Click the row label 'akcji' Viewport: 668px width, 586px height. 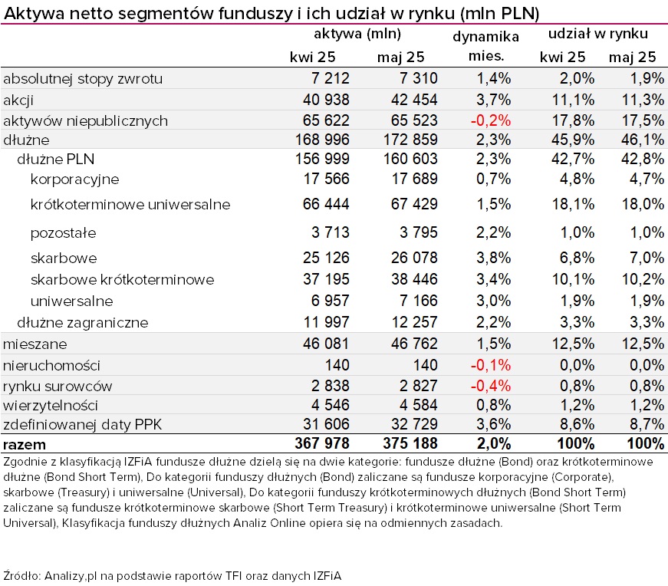[x=18, y=100]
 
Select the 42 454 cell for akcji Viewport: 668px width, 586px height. [x=414, y=100]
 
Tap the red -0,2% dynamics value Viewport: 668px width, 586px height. [x=490, y=120]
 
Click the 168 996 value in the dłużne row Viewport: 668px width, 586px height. [x=322, y=140]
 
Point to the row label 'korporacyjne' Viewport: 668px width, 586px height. [x=74, y=179]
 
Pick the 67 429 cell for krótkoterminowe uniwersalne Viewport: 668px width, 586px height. [x=414, y=204]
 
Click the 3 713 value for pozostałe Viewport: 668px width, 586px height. [x=331, y=232]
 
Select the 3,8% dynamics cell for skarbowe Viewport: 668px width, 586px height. [x=493, y=258]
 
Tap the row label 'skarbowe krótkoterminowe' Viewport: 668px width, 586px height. [x=122, y=279]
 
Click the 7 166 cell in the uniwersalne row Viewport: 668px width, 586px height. [x=418, y=301]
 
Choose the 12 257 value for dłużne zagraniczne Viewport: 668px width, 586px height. [x=414, y=322]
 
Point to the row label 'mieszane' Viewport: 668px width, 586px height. [x=35, y=344]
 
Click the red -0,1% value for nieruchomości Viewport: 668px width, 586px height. [x=490, y=365]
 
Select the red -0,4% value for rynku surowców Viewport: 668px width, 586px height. [x=490, y=386]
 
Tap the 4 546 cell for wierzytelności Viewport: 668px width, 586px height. [x=331, y=405]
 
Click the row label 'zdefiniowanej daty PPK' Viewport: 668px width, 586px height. [x=82, y=425]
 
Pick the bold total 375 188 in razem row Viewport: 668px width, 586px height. [x=410, y=443]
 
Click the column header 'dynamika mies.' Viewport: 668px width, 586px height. [x=485, y=46]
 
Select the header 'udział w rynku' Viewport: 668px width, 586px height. [x=597, y=34]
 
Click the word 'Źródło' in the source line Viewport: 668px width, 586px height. [x=21, y=576]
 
